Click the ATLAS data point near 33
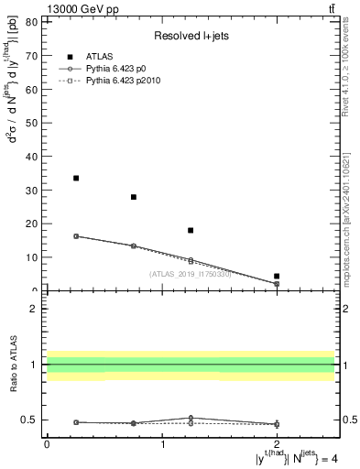pyautogui.click(x=76, y=178)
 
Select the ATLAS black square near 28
pyautogui.click(x=134, y=197)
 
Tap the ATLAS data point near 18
pyautogui.click(x=191, y=230)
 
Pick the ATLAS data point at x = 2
pyautogui.click(x=277, y=276)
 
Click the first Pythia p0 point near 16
pyautogui.click(x=76, y=236)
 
